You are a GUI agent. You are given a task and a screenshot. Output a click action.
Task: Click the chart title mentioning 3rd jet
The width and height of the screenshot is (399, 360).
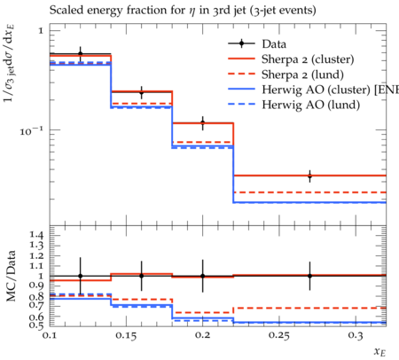tap(183, 11)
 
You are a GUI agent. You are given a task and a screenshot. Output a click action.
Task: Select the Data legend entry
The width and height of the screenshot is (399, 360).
tap(257, 43)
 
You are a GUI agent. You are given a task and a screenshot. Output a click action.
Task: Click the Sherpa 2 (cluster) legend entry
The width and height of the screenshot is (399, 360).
tap(291, 59)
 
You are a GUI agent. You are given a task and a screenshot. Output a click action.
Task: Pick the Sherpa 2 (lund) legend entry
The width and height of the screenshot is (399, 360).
tap(286, 74)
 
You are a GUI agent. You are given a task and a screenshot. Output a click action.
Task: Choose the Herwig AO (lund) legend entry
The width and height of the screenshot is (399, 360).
tap(294, 105)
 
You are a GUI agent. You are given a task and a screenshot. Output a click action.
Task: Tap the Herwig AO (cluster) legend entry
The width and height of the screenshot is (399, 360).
tap(314, 90)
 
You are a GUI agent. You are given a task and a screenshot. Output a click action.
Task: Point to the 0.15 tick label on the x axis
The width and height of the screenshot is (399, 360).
tap(126, 335)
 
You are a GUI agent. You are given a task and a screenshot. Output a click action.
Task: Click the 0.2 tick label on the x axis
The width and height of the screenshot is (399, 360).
tap(202, 335)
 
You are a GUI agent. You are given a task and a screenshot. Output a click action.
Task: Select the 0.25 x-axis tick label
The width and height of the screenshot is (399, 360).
tap(279, 335)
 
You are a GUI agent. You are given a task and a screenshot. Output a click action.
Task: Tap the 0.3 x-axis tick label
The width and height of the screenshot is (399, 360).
tap(356, 335)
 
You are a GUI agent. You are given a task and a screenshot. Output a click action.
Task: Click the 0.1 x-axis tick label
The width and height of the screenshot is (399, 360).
tap(50, 335)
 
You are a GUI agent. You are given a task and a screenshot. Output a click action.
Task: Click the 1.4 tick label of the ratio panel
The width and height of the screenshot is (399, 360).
tap(36, 235)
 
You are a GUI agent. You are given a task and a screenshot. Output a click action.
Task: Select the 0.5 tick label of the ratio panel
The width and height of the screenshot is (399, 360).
tap(36, 325)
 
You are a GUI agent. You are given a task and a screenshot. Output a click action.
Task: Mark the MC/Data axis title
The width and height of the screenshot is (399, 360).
tap(11, 276)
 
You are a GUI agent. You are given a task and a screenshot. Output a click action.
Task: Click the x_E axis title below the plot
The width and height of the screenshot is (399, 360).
tap(379, 352)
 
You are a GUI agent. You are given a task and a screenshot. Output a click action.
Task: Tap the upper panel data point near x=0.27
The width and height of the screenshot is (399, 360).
tap(309, 176)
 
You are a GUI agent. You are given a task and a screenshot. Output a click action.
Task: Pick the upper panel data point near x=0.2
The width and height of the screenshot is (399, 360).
tap(203, 122)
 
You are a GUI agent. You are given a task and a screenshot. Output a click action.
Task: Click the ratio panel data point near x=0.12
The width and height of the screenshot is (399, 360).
tap(80, 276)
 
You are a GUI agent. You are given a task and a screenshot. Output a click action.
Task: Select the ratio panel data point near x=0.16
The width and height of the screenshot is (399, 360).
tap(142, 276)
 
